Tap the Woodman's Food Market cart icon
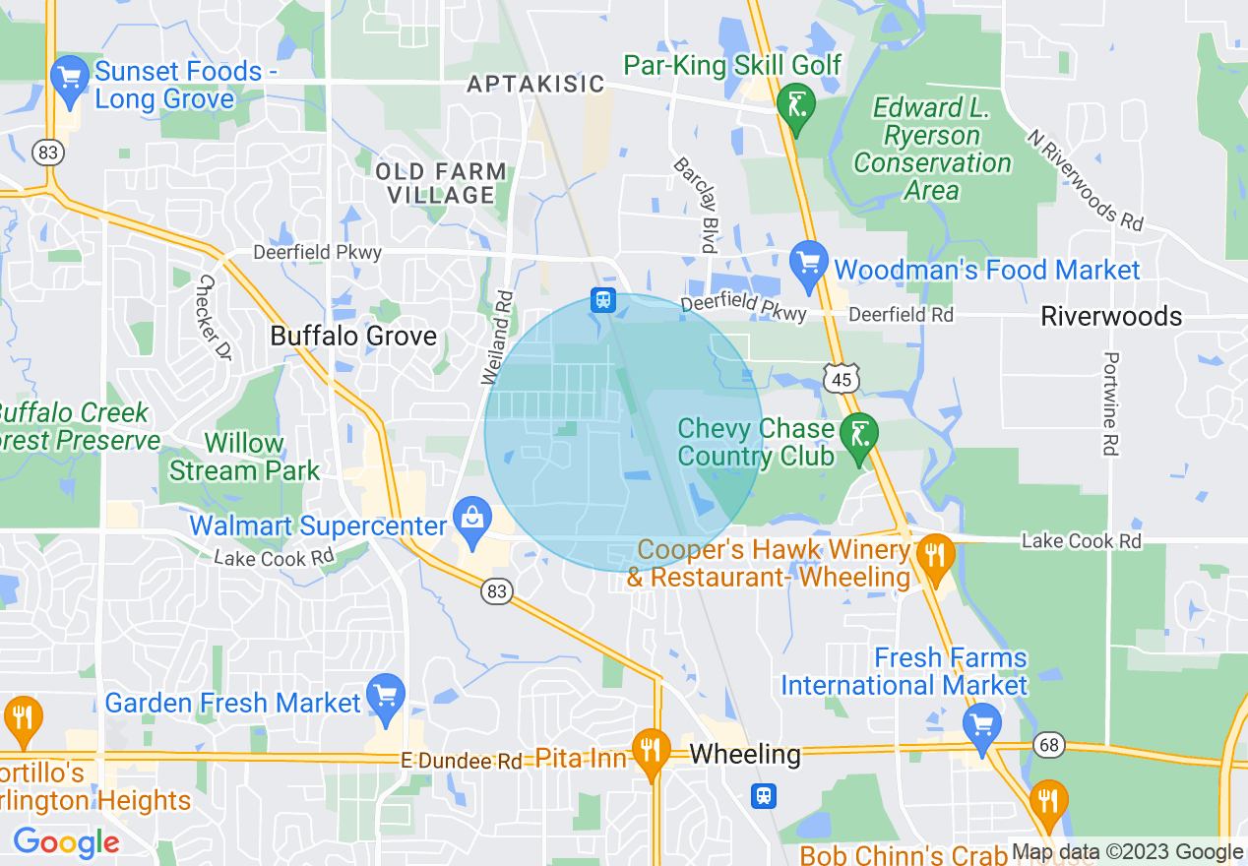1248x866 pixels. pyautogui.click(x=809, y=264)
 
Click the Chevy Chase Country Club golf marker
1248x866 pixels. pyautogui.click(x=860, y=435)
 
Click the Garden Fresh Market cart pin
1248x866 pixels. pyautogui.click(x=384, y=697)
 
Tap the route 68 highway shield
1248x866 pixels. pyautogui.click(x=1050, y=744)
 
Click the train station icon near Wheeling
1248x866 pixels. pyautogui.click(x=764, y=795)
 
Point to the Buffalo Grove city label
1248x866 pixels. pyautogui.click(x=353, y=336)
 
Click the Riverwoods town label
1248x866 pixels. pyautogui.click(x=1112, y=316)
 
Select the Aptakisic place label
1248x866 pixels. pyautogui.click(x=535, y=84)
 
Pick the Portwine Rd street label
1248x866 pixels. pyautogui.click(x=1110, y=403)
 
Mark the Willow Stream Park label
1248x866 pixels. pyautogui.click(x=244, y=457)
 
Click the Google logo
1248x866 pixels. pyautogui.click(x=66, y=842)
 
